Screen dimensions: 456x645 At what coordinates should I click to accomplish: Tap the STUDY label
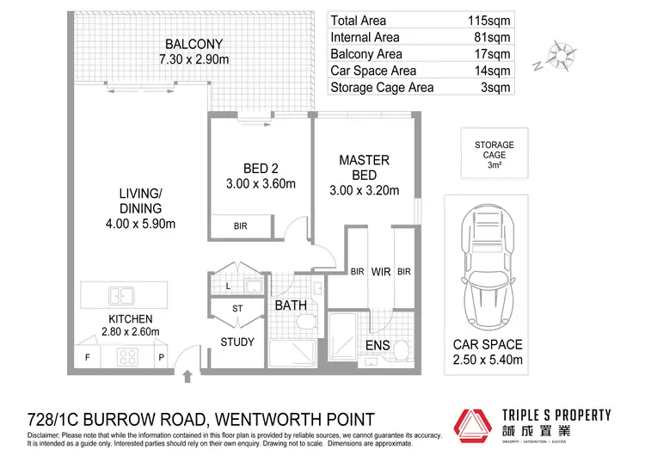point(237,342)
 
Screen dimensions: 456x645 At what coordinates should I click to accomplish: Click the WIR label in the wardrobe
point(381,272)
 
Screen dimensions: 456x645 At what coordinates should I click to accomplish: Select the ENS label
point(378,346)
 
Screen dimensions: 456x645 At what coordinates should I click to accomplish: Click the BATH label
point(291,305)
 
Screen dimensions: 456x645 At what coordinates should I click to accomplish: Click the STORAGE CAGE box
point(494,155)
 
